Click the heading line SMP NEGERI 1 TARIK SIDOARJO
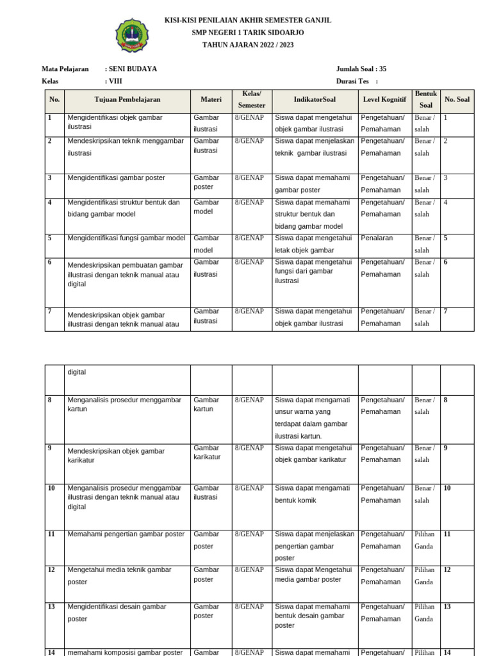tap(248, 32)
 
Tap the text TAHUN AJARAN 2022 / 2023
tap(248, 44)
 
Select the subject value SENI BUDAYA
tap(133, 69)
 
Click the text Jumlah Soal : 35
tap(361, 69)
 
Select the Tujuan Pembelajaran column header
tap(127, 100)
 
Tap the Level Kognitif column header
tap(384, 100)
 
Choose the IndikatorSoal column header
tap(314, 100)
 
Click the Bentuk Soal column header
tap(426, 99)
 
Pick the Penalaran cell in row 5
tap(377, 238)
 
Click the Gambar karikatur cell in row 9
tap(207, 452)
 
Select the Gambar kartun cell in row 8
tap(206, 404)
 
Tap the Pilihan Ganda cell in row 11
tap(424, 540)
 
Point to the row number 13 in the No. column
tap(51, 607)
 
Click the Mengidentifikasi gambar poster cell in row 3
tap(116, 178)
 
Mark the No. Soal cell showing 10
tap(447, 488)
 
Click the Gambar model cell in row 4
tap(206, 207)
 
